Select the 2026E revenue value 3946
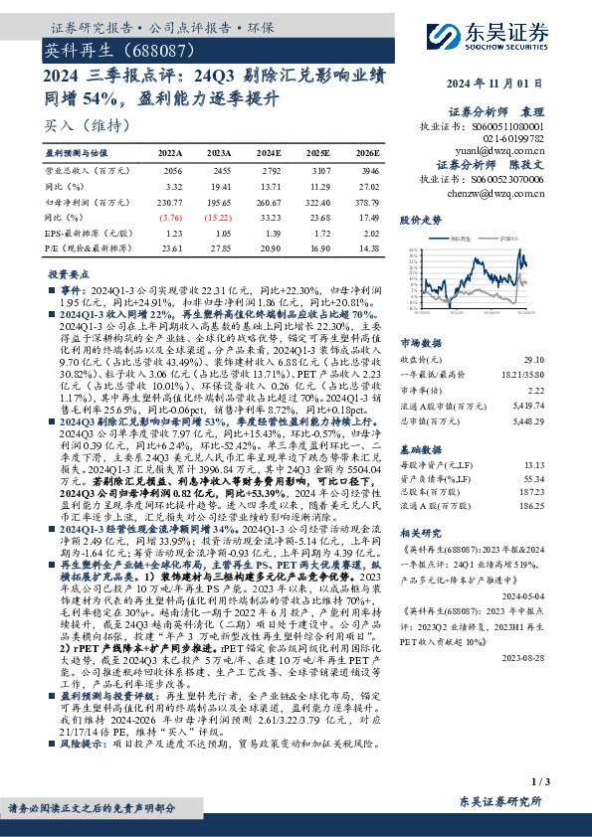367,171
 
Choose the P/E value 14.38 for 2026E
368,246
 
